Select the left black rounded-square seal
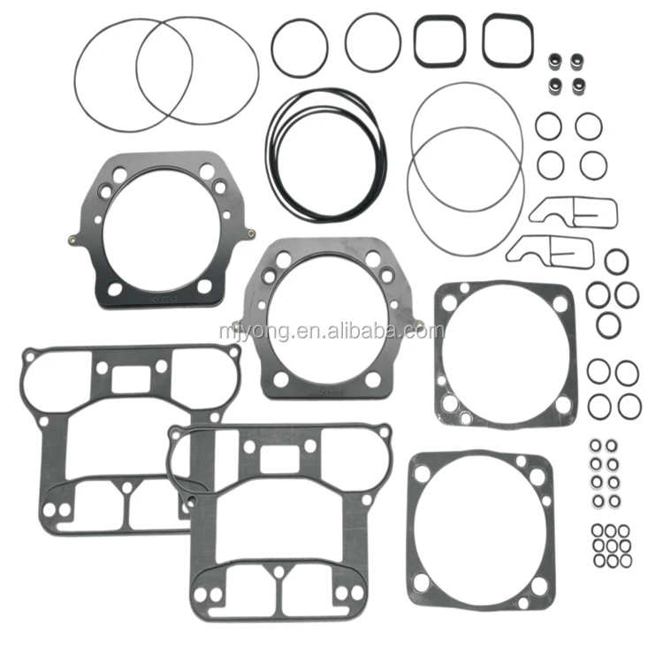(x=438, y=40)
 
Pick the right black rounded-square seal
(x=507, y=40)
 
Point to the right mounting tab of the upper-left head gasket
(x=252, y=232)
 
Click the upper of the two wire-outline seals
(x=573, y=210)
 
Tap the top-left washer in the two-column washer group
(x=596, y=445)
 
